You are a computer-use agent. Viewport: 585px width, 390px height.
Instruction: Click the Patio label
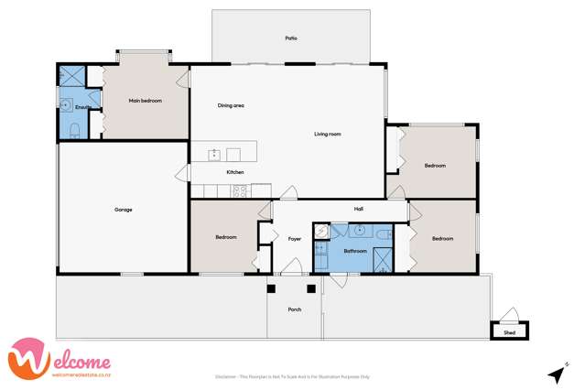pos(290,38)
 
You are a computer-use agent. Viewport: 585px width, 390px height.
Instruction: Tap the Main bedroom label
pos(145,101)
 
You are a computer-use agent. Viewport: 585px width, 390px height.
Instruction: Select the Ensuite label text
pos(82,109)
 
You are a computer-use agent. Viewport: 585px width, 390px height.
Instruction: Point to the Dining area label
pos(230,105)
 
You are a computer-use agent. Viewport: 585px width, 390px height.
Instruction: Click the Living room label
pos(327,135)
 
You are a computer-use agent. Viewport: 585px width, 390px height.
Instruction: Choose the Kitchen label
pos(235,172)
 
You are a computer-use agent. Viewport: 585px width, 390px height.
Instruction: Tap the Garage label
pos(124,210)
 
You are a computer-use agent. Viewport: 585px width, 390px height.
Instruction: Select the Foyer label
pos(294,239)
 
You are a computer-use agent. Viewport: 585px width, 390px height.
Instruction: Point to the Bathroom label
pos(355,250)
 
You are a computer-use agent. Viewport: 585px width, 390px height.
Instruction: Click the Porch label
pos(294,310)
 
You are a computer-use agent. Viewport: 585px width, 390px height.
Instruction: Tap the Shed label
pos(509,333)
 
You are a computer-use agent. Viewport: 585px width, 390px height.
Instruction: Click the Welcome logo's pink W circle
pos(27,358)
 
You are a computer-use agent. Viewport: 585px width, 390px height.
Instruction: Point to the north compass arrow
pos(555,374)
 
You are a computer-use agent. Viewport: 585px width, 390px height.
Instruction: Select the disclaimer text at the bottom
pos(291,376)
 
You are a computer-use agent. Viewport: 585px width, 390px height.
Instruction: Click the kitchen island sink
pos(215,155)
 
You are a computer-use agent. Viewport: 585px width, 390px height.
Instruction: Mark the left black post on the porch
pos(271,289)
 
